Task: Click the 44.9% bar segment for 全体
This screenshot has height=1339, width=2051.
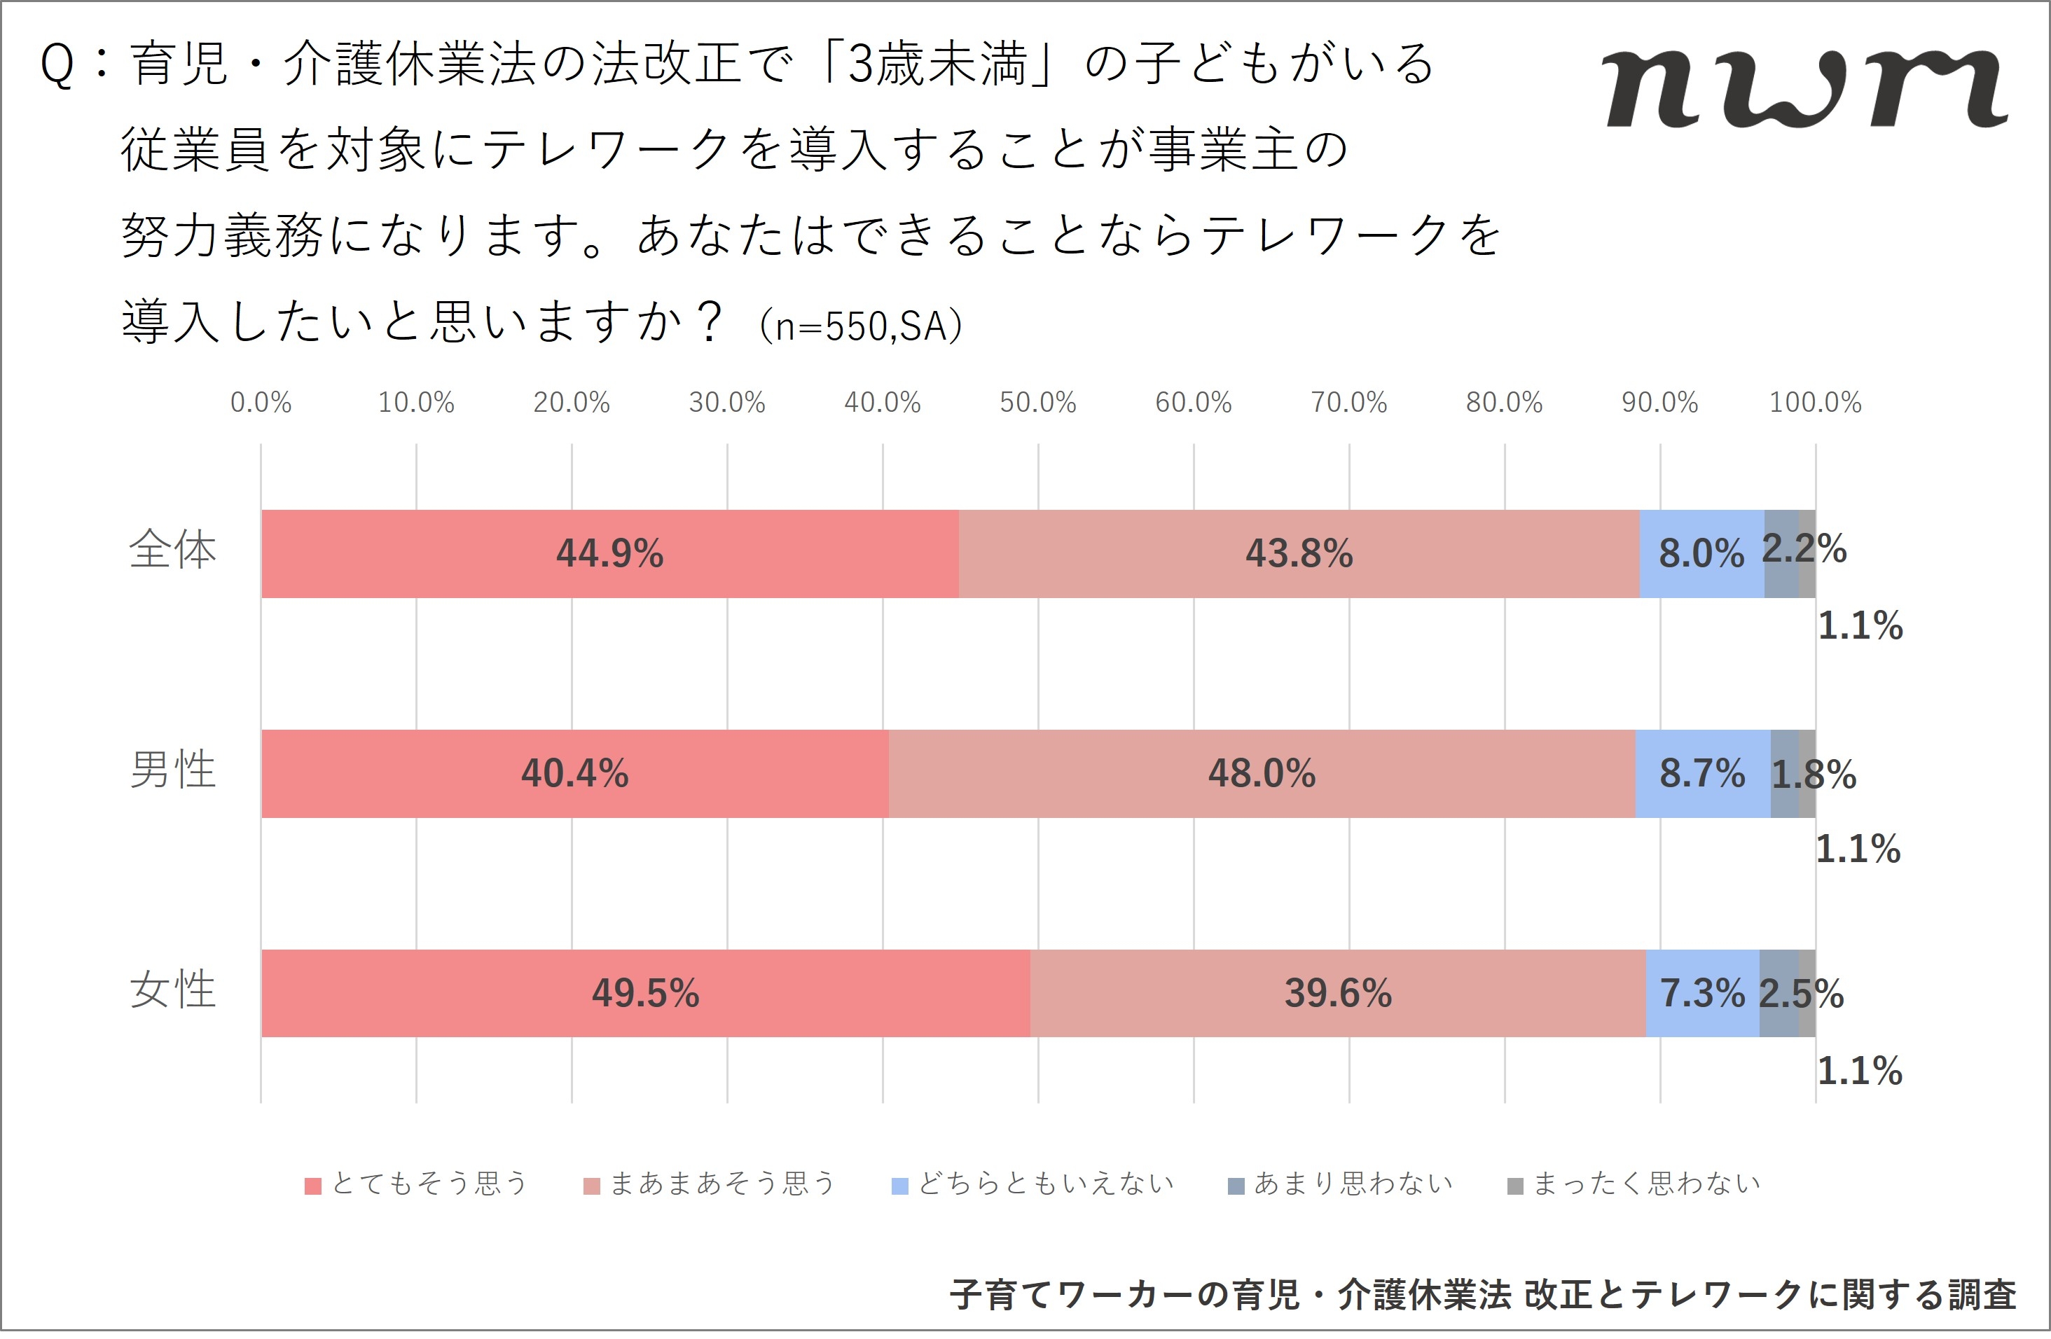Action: coord(609,553)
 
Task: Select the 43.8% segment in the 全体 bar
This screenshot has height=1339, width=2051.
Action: coord(1299,553)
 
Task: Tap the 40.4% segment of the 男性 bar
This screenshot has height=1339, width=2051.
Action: coord(575,773)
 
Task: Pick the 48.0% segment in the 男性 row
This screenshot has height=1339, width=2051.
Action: coord(1262,773)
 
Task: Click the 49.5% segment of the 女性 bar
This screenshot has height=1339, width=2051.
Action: coord(645,992)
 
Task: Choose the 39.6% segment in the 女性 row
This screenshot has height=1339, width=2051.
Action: coord(1337,992)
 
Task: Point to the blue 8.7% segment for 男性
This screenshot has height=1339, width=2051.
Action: coord(1702,773)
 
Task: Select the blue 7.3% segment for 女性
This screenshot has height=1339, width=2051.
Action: coord(1702,992)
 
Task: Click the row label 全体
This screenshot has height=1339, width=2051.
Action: coord(172,550)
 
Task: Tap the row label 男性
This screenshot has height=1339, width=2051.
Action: coord(172,770)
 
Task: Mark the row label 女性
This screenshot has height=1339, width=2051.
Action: coord(172,989)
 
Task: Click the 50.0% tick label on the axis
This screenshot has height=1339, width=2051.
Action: coord(1037,403)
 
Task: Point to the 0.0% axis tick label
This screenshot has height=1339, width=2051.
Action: coord(261,403)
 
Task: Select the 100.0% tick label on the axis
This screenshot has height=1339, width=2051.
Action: coord(1815,403)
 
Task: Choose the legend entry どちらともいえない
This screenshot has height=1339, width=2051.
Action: coord(1033,1184)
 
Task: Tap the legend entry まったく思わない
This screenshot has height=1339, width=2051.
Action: coord(1635,1184)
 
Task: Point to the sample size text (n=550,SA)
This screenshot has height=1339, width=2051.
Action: coord(861,326)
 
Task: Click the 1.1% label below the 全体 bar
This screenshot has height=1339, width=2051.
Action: coord(1860,625)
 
